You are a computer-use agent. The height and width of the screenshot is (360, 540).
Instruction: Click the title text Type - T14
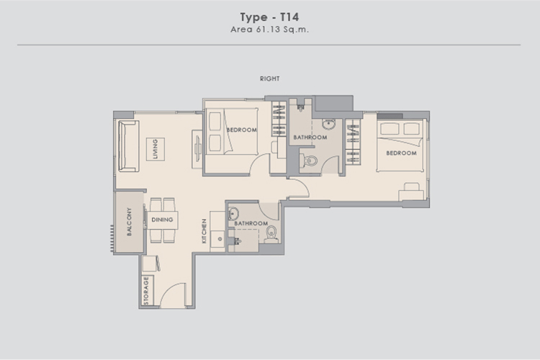(270, 17)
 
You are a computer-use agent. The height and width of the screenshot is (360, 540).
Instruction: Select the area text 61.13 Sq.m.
(282, 30)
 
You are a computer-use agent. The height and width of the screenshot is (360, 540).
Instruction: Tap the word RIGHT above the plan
(270, 78)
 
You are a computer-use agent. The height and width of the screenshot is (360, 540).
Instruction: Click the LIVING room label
(155, 149)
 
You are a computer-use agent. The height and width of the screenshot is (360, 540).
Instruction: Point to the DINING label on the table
(162, 220)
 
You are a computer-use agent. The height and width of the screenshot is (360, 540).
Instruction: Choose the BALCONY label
(129, 222)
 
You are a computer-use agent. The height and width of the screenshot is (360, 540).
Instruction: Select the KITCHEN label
(204, 231)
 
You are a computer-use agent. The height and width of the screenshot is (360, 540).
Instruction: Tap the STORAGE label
(146, 290)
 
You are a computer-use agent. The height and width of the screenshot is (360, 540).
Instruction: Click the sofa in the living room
(128, 146)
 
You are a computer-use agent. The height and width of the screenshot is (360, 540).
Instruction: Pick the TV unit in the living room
(197, 149)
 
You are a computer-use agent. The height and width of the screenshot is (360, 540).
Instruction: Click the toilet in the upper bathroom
(309, 161)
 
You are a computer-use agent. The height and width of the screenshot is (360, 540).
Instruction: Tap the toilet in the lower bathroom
(271, 234)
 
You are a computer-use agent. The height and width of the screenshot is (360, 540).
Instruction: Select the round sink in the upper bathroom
(329, 124)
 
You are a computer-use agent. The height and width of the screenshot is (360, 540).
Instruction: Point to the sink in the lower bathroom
(233, 214)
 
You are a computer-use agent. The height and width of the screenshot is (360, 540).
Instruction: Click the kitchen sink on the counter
(217, 239)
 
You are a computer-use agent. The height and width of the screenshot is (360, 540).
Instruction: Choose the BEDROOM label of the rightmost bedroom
(401, 153)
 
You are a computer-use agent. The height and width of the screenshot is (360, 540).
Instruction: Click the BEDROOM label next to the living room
(241, 130)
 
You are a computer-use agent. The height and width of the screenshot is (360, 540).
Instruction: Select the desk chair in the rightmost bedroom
(412, 186)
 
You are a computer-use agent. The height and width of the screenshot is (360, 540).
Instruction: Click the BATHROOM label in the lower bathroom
(251, 224)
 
